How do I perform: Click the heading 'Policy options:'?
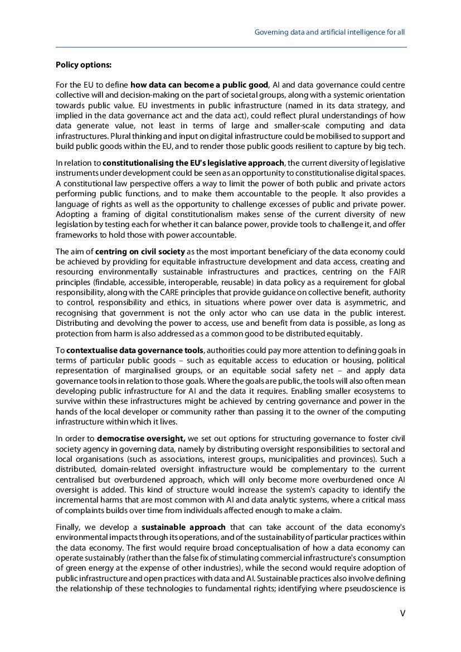coord(84,65)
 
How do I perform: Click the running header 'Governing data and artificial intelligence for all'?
coord(329,32)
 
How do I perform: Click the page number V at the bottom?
coord(402,613)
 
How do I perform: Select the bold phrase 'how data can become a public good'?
coord(200,85)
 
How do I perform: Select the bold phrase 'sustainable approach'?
coord(183,527)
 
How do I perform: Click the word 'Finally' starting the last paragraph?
coord(68,527)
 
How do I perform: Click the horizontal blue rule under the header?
coord(231,47)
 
